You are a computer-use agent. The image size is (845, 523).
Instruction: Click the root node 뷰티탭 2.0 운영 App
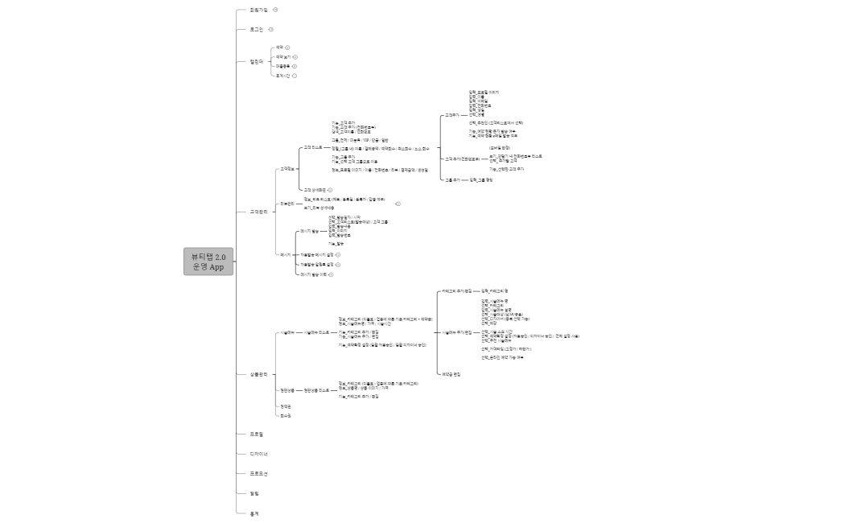point(208,261)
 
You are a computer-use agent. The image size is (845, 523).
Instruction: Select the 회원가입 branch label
point(258,10)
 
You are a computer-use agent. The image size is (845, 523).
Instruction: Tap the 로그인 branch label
point(257,29)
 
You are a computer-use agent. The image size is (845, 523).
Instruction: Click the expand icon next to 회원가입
point(275,10)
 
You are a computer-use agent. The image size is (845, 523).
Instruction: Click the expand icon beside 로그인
point(270,29)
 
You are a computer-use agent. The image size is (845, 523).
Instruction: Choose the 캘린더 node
point(257,61)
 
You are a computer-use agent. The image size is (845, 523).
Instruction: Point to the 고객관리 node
point(258,212)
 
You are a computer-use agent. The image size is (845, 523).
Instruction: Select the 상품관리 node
point(258,374)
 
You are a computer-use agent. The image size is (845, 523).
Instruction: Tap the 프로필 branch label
point(257,434)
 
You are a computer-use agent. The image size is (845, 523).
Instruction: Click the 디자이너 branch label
point(258,454)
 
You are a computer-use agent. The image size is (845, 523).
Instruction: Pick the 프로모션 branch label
point(258,473)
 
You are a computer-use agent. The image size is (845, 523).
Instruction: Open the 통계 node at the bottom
point(254,513)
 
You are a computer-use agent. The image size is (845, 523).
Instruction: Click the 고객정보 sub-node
point(286,169)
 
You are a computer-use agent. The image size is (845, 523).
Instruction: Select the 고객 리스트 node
point(312,147)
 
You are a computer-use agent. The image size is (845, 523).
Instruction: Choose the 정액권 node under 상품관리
point(285,406)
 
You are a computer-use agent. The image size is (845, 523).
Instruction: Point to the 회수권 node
point(285,416)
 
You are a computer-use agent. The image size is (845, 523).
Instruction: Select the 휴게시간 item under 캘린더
point(282,76)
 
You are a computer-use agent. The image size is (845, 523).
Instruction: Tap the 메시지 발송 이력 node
point(313,274)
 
